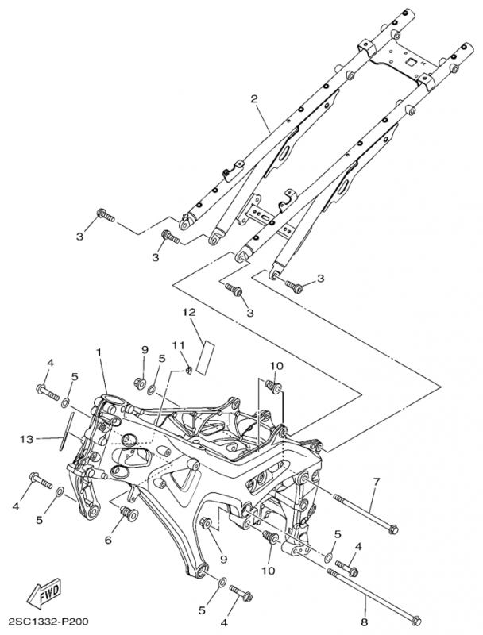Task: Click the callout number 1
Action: tap(100, 351)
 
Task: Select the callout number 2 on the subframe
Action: tap(254, 99)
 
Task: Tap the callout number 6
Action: tap(110, 540)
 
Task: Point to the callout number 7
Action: tap(377, 481)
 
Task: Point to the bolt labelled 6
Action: tap(125, 517)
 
